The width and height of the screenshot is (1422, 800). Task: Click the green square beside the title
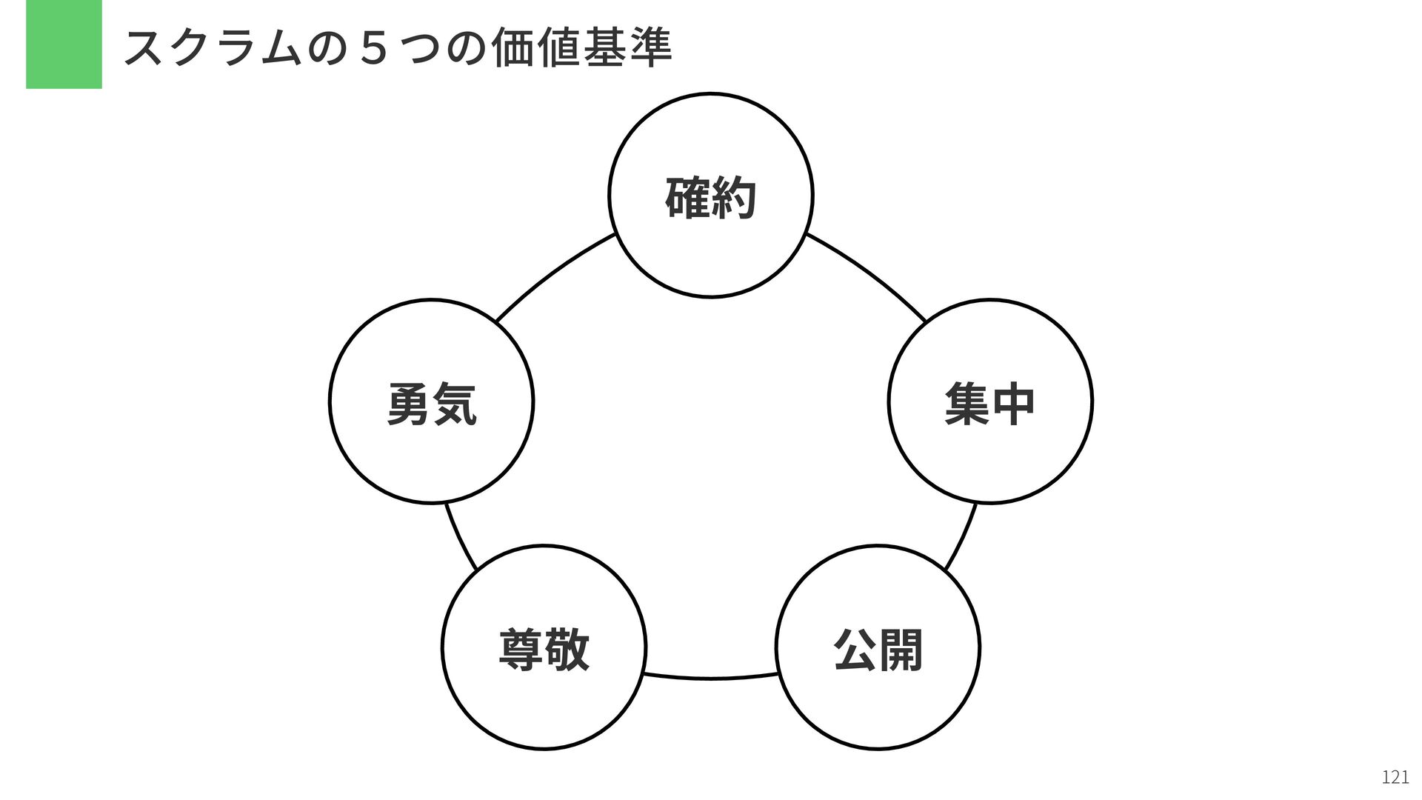click(64, 44)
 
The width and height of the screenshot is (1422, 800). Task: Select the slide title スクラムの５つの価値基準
click(398, 47)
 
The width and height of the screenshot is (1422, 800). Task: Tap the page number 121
click(1395, 776)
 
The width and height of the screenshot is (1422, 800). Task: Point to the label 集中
click(989, 404)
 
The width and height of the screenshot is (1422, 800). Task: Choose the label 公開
click(878, 650)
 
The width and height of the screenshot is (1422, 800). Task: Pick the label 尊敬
click(544, 650)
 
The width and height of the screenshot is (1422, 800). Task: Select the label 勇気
click(432, 404)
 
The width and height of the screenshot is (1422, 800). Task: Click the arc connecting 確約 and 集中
click(868, 273)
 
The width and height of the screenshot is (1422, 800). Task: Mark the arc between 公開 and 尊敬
click(711, 678)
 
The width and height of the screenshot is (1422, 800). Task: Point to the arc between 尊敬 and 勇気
click(459, 539)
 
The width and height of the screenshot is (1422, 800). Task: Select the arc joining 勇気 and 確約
click(554, 273)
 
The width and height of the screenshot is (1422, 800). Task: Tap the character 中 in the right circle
click(1012, 404)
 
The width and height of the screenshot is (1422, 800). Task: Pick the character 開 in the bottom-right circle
click(901, 650)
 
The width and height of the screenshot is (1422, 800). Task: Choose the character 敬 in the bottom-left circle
click(567, 650)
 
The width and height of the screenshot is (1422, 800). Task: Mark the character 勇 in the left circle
click(409, 404)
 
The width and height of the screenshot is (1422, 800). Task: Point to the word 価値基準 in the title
click(581, 47)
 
